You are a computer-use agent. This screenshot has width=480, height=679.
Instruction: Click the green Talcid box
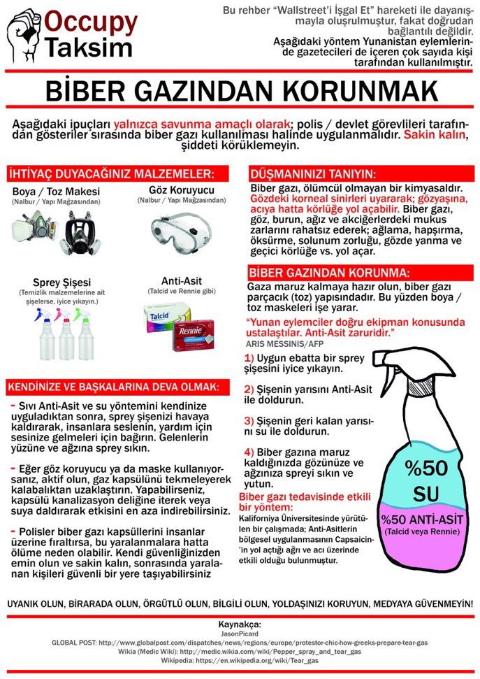[x=167, y=316]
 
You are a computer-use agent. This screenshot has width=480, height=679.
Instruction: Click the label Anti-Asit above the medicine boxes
[x=182, y=281]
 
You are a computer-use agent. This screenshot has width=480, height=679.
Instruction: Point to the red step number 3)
[x=249, y=421]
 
